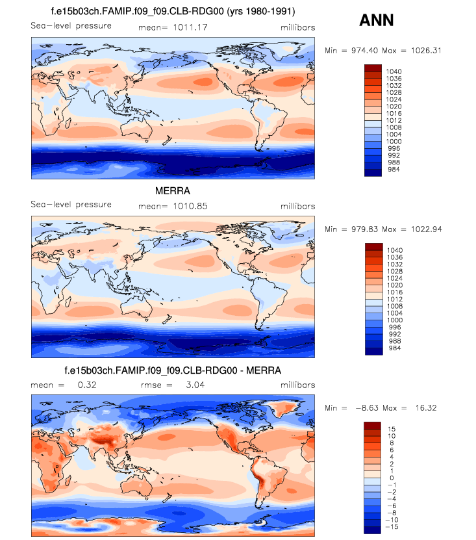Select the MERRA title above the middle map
[173, 192]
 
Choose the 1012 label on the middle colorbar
[394, 299]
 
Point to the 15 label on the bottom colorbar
[392, 429]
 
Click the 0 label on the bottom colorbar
[390, 478]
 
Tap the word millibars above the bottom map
[297, 385]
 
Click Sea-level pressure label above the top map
[71, 26]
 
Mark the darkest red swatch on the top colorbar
[373, 68]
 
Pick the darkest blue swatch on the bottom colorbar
[373, 530]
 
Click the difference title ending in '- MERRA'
[173, 370]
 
